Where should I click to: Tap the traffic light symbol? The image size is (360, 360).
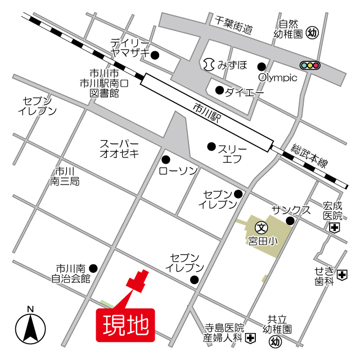(x=309, y=65)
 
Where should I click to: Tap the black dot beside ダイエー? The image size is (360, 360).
(x=219, y=90)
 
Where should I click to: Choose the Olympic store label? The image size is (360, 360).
(x=277, y=78)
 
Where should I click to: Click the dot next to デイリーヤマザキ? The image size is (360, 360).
(x=155, y=55)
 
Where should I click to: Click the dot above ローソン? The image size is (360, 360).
(x=166, y=159)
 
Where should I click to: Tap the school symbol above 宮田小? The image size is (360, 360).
(x=261, y=228)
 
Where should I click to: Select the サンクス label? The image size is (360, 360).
(x=291, y=209)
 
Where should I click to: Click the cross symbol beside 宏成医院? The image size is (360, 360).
(x=335, y=227)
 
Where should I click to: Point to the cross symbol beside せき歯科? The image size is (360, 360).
(x=342, y=274)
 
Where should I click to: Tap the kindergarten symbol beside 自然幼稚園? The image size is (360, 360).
(x=313, y=34)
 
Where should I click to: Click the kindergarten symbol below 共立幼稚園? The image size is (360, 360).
(x=274, y=341)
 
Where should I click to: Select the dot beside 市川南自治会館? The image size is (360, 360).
(x=93, y=268)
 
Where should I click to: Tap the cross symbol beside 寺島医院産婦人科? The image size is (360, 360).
(x=250, y=337)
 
